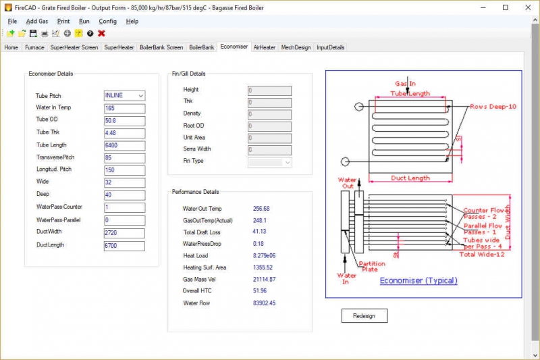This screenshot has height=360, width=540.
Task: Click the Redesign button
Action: pos(364,315)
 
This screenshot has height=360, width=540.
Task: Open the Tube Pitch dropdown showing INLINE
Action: pos(124,96)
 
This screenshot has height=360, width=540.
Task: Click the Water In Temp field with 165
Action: pos(124,108)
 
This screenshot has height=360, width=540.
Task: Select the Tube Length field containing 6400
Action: pos(124,145)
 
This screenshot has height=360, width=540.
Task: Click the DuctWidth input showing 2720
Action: pos(124,233)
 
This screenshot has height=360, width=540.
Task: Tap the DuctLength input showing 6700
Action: pos(124,245)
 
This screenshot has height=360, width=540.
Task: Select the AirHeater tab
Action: pos(265,48)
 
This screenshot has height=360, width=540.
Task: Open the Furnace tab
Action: pos(34,48)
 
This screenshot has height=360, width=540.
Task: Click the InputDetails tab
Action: pos(331,48)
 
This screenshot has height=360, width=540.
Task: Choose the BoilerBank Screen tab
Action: pos(161,48)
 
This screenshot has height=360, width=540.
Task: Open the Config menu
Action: pos(107,21)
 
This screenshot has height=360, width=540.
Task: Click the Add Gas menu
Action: pos(37,21)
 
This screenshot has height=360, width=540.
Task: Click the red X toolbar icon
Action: pos(101,33)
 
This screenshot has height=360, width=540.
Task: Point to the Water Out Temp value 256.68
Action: pos(261,209)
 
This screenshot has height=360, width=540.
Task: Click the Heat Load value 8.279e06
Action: pos(264,256)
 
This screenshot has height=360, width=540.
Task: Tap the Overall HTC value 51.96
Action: pos(259,291)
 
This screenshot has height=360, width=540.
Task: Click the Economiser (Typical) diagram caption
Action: pos(418,280)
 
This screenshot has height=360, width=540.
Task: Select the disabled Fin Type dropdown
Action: pos(270,162)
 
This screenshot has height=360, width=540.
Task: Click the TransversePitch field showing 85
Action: pos(124,158)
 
